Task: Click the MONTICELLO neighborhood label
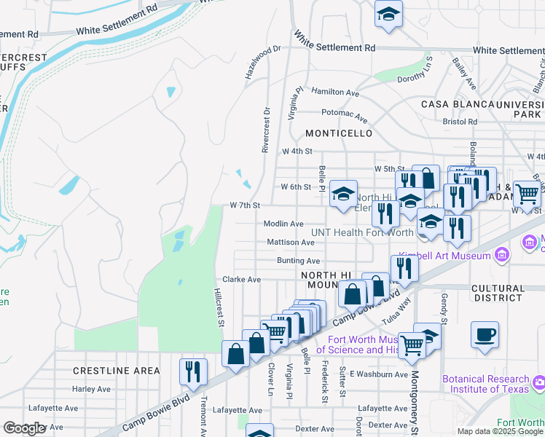339,133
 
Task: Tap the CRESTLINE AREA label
116,371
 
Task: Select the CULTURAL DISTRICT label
498,293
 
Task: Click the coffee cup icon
485,335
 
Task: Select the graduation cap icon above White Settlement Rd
388,13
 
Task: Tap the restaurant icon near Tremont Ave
194,371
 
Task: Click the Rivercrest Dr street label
266,130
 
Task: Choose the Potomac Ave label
344,114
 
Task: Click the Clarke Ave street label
241,279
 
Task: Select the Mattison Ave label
290,242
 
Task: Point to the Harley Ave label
91,389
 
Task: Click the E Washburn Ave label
379,374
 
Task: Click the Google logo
24,428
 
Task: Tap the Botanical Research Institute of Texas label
485,384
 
